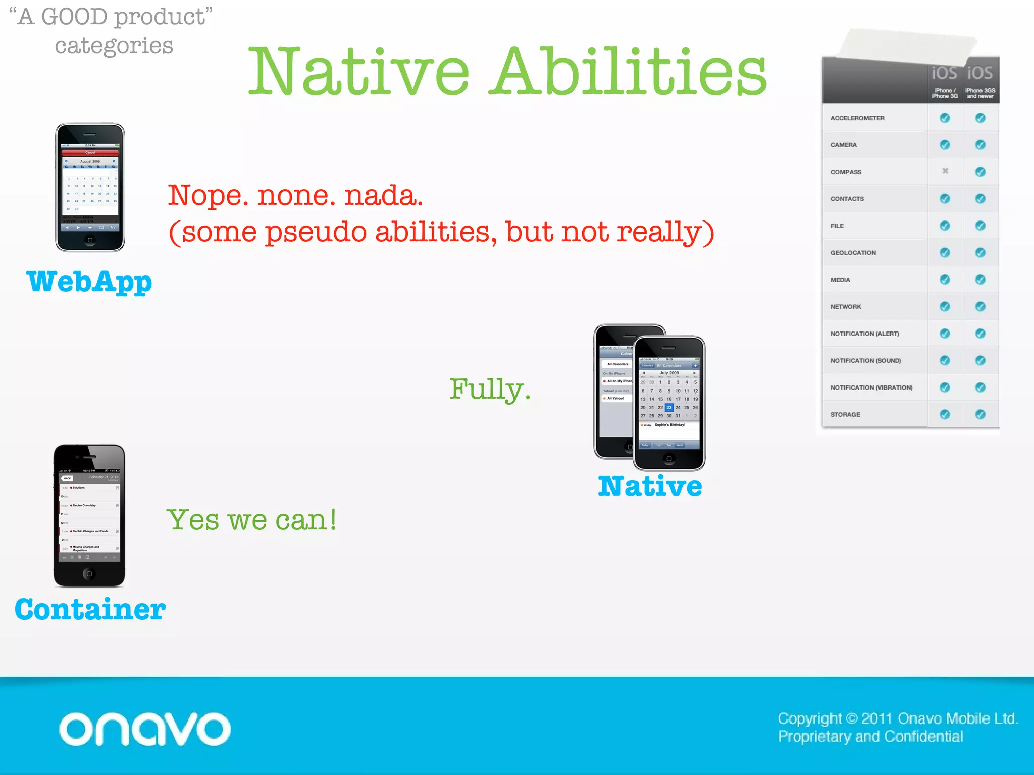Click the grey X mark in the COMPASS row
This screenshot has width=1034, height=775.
click(945, 171)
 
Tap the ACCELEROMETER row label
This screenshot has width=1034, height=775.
click(857, 118)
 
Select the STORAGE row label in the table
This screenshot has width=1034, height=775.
click(845, 415)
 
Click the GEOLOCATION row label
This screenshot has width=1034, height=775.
click(853, 253)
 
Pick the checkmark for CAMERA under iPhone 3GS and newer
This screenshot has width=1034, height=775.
click(980, 145)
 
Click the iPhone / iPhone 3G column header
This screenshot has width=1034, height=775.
click(944, 93)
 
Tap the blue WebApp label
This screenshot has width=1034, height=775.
click(89, 282)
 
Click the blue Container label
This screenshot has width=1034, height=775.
click(90, 610)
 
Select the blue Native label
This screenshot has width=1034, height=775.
click(650, 486)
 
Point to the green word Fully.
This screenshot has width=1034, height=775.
click(489, 390)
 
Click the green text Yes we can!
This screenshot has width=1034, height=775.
click(251, 520)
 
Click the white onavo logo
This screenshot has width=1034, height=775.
click(144, 729)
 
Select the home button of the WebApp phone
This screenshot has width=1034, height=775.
click(90, 240)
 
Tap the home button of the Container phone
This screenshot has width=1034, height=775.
click(89, 574)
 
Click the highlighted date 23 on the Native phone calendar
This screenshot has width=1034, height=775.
click(669, 407)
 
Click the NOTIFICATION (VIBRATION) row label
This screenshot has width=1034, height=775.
click(871, 387)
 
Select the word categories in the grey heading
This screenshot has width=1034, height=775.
click(114, 46)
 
